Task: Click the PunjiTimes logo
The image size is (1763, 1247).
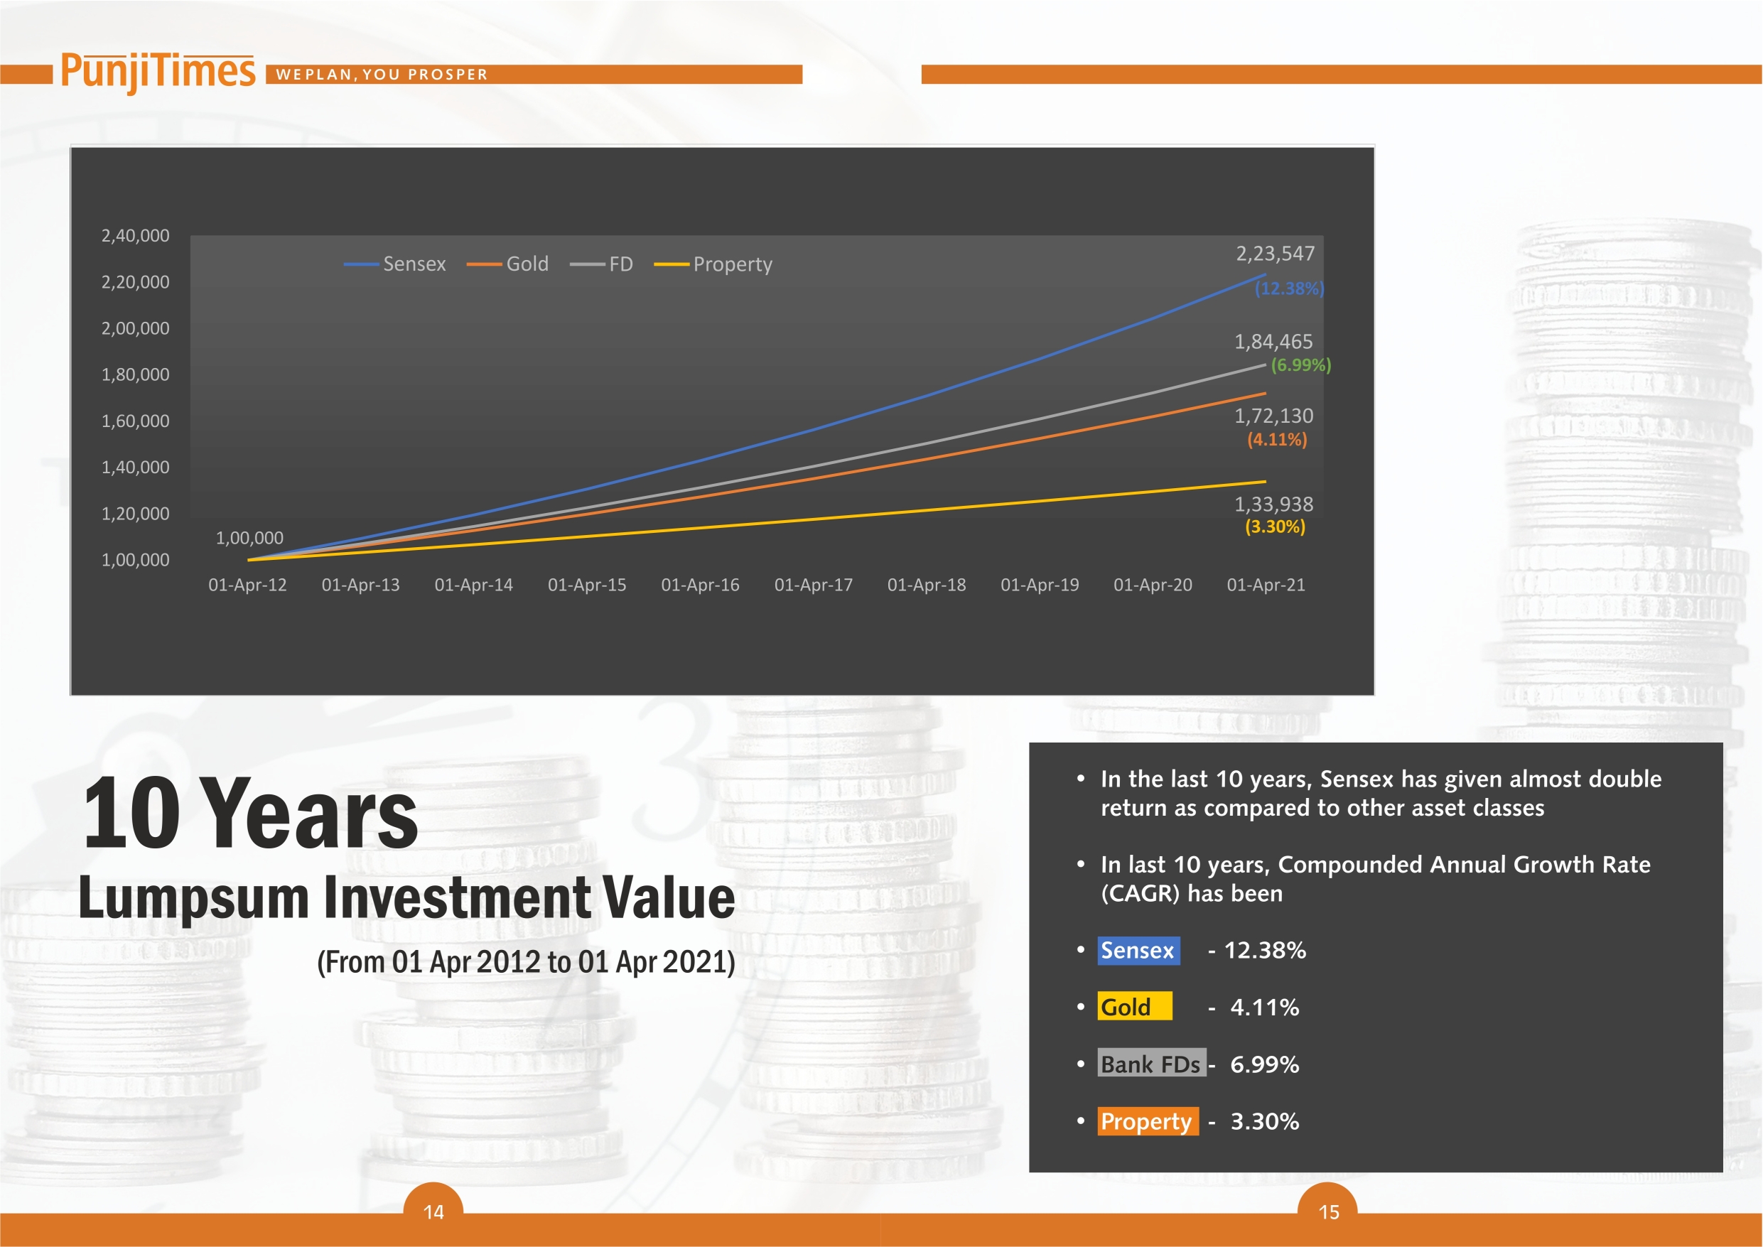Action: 158,72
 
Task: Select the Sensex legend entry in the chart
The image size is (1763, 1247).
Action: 394,264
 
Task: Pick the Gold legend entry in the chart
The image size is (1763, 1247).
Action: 507,264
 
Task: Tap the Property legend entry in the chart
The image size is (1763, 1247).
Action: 713,265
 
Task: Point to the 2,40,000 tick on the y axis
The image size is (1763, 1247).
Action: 135,236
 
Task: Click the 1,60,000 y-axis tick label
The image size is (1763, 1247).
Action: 135,421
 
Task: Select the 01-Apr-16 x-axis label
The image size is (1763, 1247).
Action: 700,585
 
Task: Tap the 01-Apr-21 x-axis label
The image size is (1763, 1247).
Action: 1266,585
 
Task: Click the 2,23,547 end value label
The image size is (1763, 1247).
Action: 1276,254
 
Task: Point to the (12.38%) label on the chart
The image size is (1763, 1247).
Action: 1289,288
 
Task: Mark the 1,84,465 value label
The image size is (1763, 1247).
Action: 1274,342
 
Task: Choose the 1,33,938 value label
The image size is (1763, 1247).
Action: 1274,504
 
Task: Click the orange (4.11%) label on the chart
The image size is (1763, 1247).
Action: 1277,440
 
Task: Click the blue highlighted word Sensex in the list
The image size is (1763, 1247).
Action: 1138,951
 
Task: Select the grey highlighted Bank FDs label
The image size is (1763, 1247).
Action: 1151,1064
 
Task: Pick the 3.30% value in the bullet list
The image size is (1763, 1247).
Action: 1265,1122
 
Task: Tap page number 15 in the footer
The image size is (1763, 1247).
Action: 1329,1212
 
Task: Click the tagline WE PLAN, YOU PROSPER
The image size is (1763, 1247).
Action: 382,75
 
